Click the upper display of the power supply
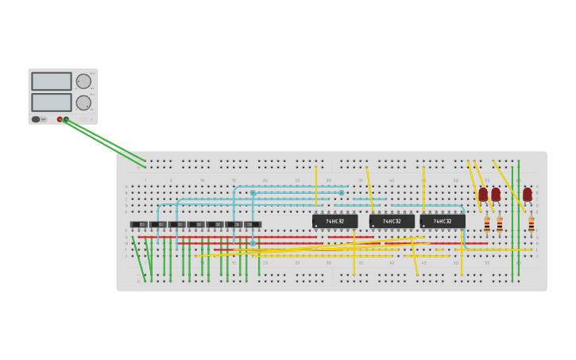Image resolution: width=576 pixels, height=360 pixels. point(52,81)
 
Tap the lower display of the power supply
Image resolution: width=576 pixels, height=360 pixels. point(52,103)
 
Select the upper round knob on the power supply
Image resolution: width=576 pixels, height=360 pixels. point(83,81)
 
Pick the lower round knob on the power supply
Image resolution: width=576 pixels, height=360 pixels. point(83,103)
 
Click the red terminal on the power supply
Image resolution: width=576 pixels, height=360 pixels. point(60,119)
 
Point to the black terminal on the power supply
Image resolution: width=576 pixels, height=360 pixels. point(66,119)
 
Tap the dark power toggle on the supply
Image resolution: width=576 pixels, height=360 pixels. point(36,119)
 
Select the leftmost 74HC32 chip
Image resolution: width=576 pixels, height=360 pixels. point(334,221)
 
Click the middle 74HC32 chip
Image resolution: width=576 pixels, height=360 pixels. point(391,221)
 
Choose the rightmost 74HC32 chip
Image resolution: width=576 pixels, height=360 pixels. point(443,221)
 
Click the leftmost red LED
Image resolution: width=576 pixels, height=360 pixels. point(483,194)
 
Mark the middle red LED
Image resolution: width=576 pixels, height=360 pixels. point(496,194)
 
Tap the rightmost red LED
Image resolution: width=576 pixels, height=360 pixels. point(528,194)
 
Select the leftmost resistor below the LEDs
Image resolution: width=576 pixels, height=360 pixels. point(487,225)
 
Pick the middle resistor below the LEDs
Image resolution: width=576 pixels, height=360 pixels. point(500,225)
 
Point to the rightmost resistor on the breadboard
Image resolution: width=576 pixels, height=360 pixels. point(532,225)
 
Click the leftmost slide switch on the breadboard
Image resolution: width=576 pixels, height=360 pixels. point(139,225)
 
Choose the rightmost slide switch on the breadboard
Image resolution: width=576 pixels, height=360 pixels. point(253,225)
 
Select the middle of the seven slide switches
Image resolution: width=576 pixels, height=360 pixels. point(196,225)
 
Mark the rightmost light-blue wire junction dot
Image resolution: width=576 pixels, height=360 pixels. point(342,192)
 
